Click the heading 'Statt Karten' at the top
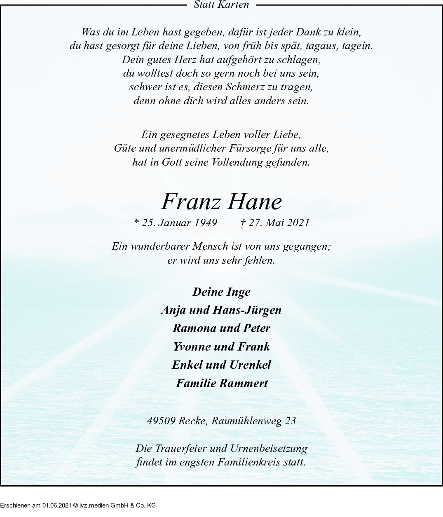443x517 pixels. click(221, 5)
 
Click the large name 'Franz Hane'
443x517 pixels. click(221, 202)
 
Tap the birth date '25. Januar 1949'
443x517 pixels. click(179, 223)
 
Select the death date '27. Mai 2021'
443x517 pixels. click(279, 223)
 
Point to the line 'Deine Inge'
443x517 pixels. click(221, 292)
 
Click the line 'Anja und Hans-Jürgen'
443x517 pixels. click(221, 310)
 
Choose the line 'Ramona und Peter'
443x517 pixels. click(221, 328)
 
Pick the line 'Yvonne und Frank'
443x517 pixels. click(221, 347)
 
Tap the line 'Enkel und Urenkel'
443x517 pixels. click(221, 365)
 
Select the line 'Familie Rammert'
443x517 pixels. click(222, 384)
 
